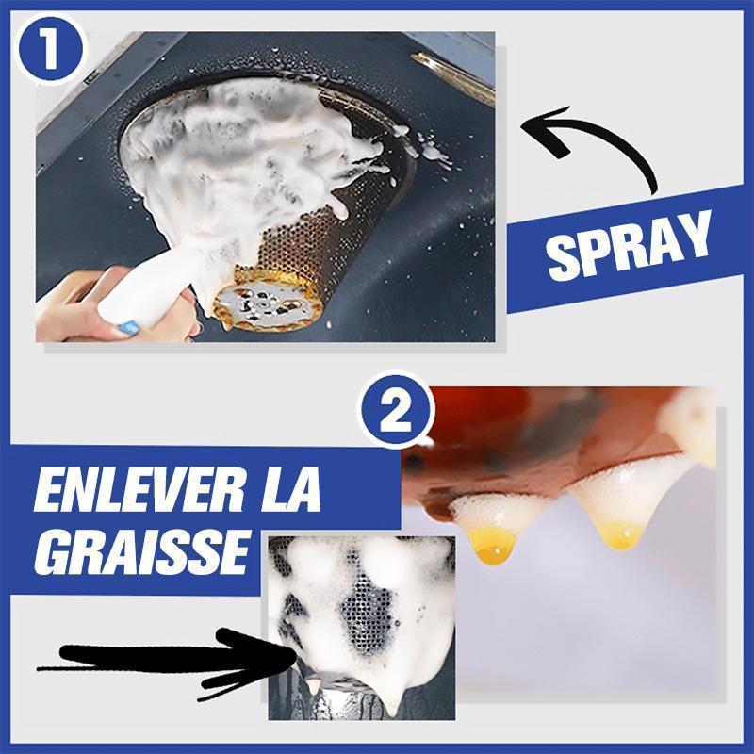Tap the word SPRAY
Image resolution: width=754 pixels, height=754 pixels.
[629, 247]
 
